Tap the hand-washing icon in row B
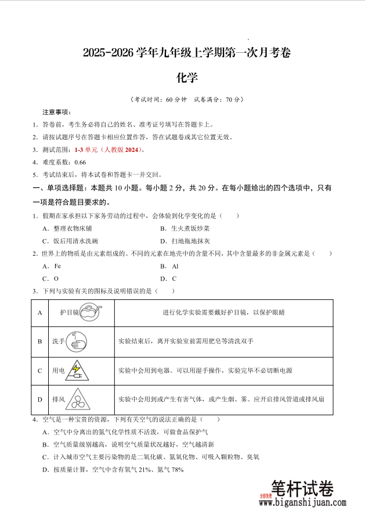point(77,341)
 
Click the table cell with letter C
point(40,370)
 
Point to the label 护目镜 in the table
point(69,312)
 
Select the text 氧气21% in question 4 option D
point(138,470)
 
